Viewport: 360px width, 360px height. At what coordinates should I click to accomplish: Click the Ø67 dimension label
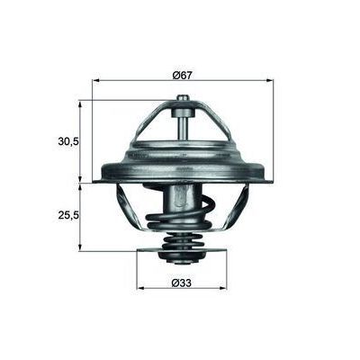point(183,73)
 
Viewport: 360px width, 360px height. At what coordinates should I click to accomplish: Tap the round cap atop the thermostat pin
point(183,100)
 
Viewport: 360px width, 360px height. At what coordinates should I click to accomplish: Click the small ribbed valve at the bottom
point(183,252)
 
